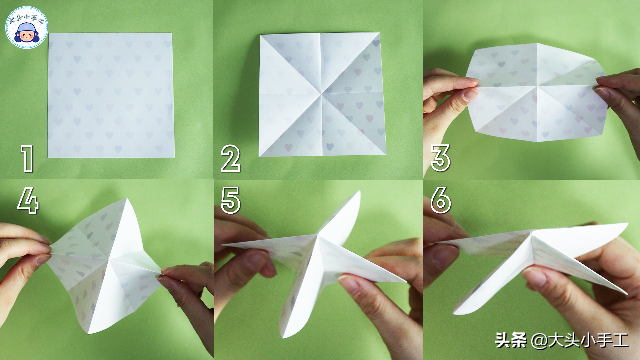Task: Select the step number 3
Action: (x=440, y=158)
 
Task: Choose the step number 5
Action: (x=230, y=200)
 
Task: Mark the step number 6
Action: (x=441, y=200)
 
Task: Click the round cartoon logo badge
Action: (x=27, y=27)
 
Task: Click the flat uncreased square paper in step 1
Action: (x=111, y=95)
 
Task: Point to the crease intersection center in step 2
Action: (x=322, y=94)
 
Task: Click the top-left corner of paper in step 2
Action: (x=260, y=35)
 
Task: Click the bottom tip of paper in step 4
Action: (x=91, y=334)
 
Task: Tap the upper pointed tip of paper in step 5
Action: (x=360, y=191)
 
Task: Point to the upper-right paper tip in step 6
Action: (x=628, y=224)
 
